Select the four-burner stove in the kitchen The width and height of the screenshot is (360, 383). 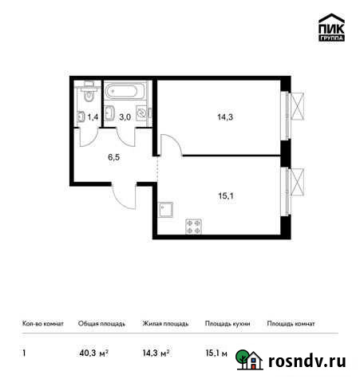coord(194,225)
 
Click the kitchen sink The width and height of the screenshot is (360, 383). coord(167,210)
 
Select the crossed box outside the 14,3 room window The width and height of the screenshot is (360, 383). coord(298,105)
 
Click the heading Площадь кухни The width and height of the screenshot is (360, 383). coord(227,324)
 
